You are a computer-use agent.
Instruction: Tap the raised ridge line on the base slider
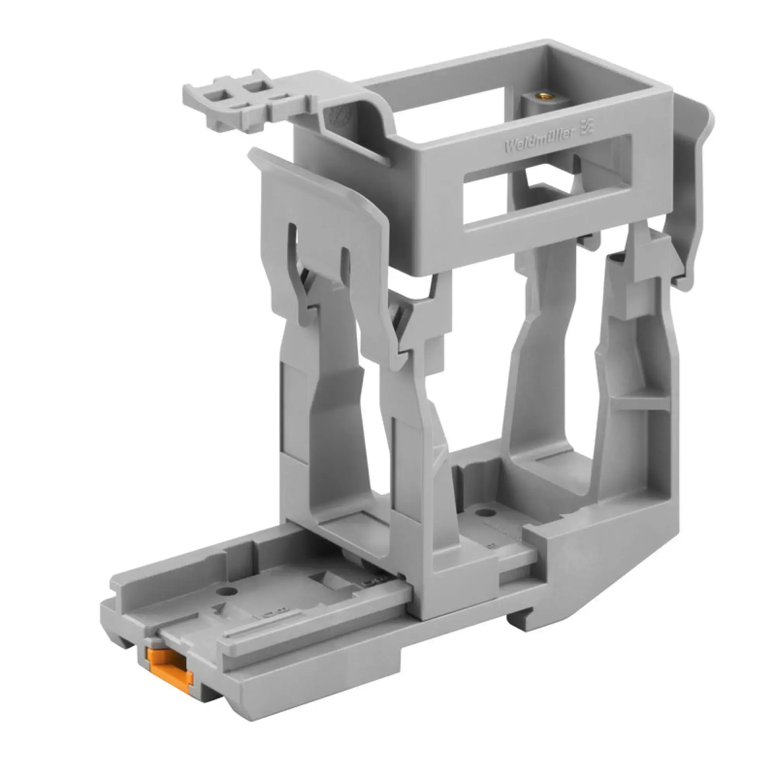pyautogui.click(x=257, y=634)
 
